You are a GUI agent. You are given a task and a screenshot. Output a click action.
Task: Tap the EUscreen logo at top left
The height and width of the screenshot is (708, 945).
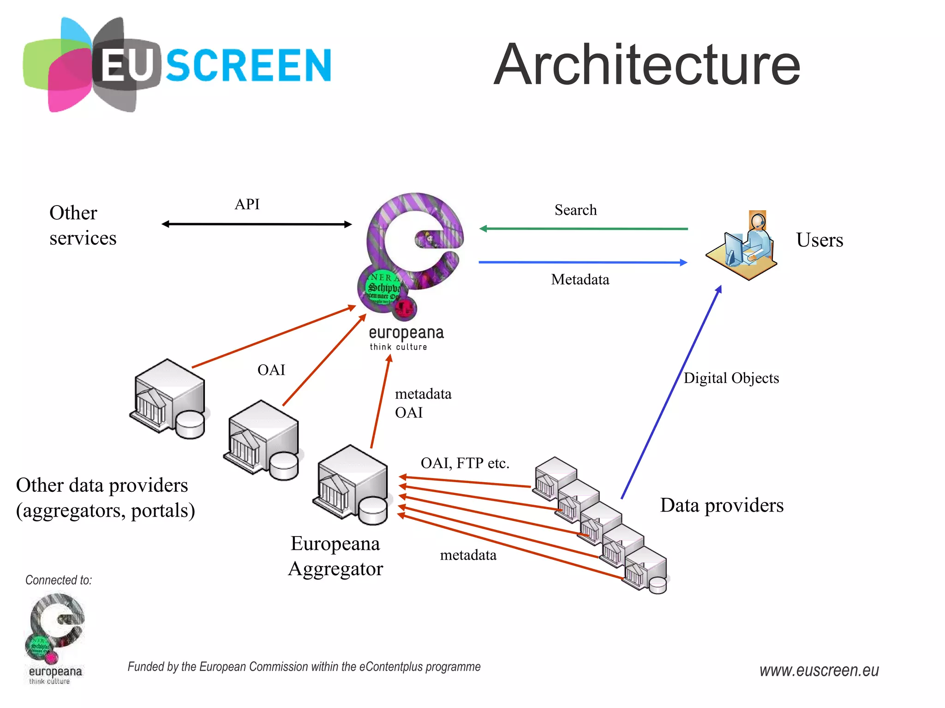(x=178, y=65)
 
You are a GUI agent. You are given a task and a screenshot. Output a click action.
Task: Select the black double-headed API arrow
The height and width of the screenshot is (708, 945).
(x=257, y=224)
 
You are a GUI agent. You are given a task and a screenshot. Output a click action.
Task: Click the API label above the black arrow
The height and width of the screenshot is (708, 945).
(x=247, y=204)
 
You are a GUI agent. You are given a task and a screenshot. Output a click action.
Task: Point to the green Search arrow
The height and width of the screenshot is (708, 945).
(x=584, y=229)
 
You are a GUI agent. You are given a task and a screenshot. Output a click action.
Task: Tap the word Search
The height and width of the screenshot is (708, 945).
(x=575, y=210)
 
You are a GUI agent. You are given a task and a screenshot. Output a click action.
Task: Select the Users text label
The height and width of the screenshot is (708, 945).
(x=819, y=240)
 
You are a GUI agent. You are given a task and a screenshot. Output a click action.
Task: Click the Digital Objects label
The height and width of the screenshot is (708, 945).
(x=731, y=378)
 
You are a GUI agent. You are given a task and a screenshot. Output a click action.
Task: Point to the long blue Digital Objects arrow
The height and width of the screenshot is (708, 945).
(x=672, y=392)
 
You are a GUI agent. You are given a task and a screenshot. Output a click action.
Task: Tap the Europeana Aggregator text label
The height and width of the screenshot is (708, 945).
(x=335, y=556)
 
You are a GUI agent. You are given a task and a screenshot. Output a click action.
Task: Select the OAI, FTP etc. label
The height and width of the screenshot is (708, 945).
(x=465, y=463)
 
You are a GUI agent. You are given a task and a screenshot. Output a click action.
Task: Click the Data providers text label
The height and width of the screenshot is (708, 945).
(x=722, y=505)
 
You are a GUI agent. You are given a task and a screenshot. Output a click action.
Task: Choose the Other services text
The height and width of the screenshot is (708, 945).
(x=83, y=225)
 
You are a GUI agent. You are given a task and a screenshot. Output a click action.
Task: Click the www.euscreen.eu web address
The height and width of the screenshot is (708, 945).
(x=819, y=670)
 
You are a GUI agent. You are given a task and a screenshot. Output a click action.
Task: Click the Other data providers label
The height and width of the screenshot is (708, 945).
(x=105, y=498)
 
